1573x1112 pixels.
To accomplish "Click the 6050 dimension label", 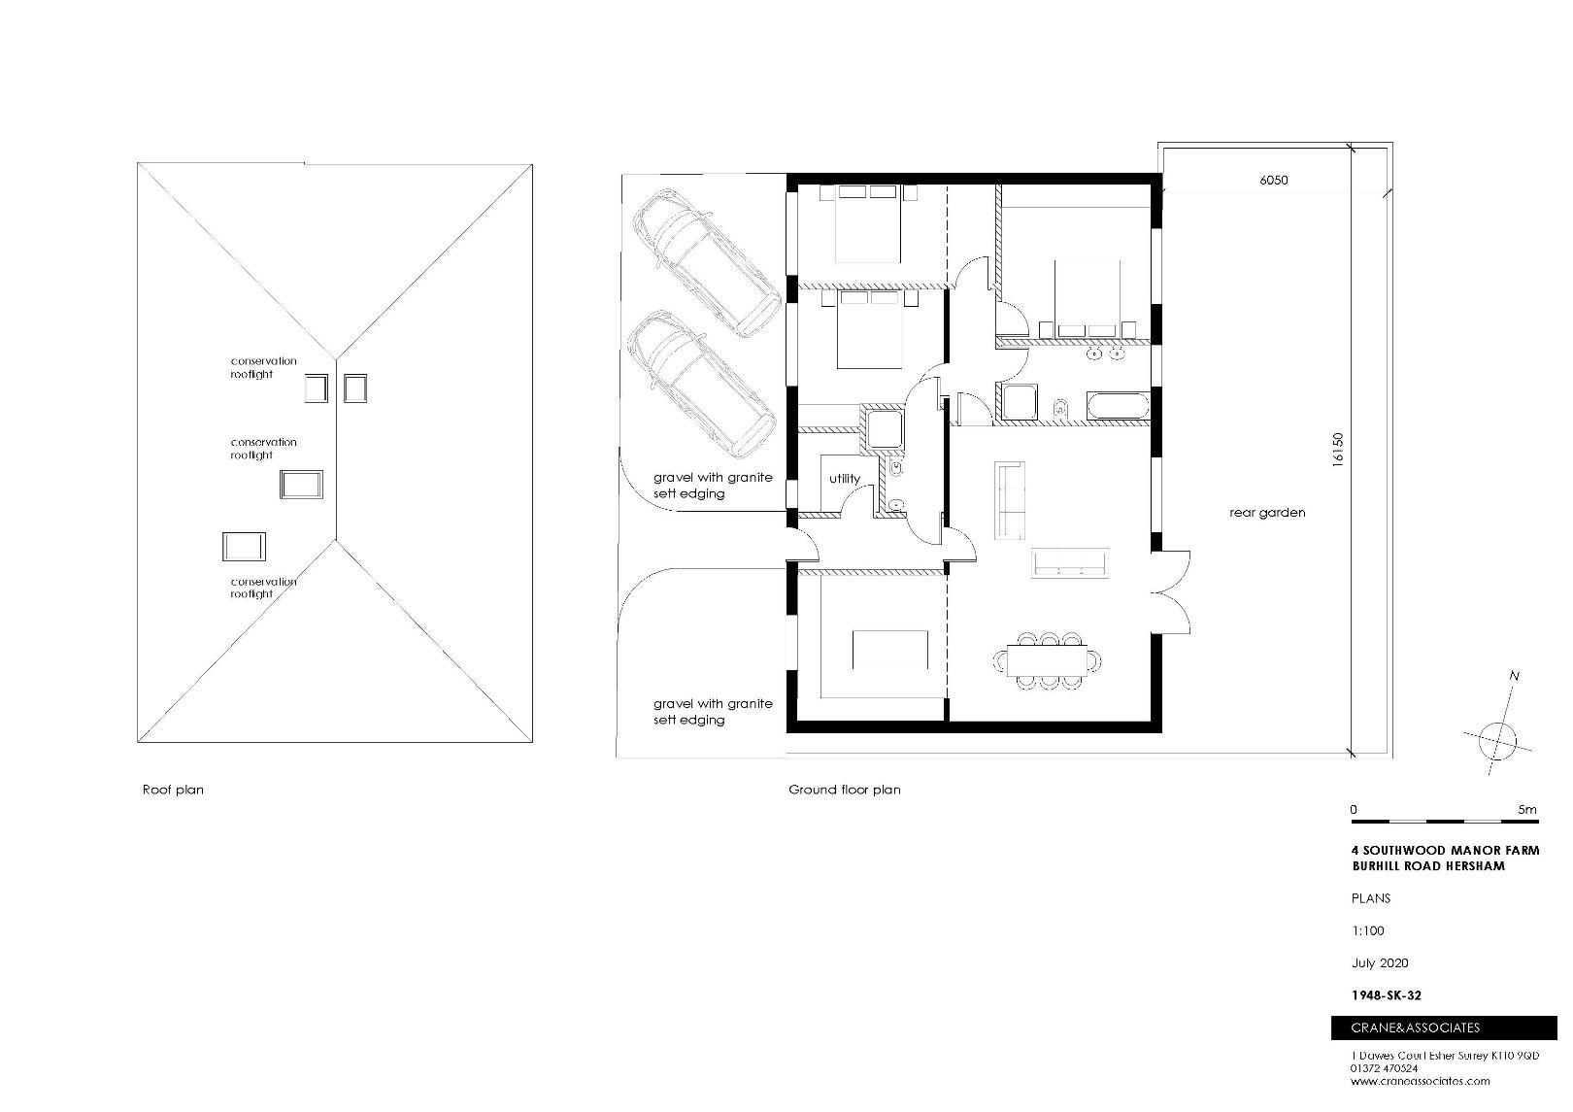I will [x=1273, y=180].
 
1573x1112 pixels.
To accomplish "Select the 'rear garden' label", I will [x=1267, y=513].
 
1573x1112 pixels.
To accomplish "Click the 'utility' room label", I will [x=844, y=479].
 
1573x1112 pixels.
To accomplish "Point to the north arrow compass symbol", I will [x=1497, y=741].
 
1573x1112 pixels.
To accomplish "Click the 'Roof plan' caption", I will [x=173, y=791].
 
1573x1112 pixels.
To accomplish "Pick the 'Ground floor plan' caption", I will [x=844, y=791].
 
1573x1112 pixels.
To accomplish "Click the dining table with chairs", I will [x=1048, y=661].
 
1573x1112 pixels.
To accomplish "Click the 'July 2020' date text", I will [x=1380, y=963].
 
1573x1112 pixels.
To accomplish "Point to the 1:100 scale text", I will [x=1367, y=930].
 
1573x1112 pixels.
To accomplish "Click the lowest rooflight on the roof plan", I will [x=244, y=547].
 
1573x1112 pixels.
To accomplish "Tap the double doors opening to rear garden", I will [x=1172, y=592].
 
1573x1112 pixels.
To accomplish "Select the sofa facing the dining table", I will [x=1069, y=562].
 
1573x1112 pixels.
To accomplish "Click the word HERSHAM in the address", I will [x=1472, y=866].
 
